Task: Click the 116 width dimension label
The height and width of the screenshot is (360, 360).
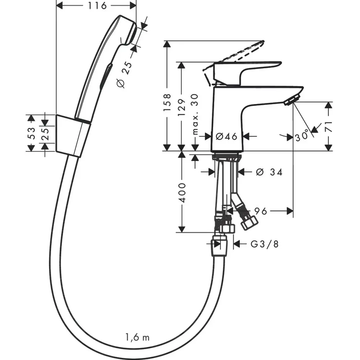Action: [97, 5]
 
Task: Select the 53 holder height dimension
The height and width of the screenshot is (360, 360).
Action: [31, 133]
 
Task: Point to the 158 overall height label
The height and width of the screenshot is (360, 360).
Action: [167, 102]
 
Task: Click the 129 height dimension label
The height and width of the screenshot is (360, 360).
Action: [181, 107]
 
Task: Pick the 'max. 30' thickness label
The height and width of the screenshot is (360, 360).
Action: [195, 114]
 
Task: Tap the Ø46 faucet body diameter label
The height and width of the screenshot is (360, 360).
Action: [226, 136]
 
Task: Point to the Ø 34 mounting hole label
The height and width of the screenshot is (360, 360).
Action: [269, 172]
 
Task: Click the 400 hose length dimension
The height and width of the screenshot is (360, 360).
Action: [182, 193]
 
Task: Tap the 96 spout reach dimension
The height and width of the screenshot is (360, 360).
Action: [261, 211]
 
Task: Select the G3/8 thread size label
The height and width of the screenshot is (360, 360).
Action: [265, 244]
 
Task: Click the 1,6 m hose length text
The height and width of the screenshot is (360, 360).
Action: [137, 338]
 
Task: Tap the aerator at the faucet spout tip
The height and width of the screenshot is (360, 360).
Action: [292, 99]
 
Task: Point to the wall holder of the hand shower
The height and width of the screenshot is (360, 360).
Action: [73, 136]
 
